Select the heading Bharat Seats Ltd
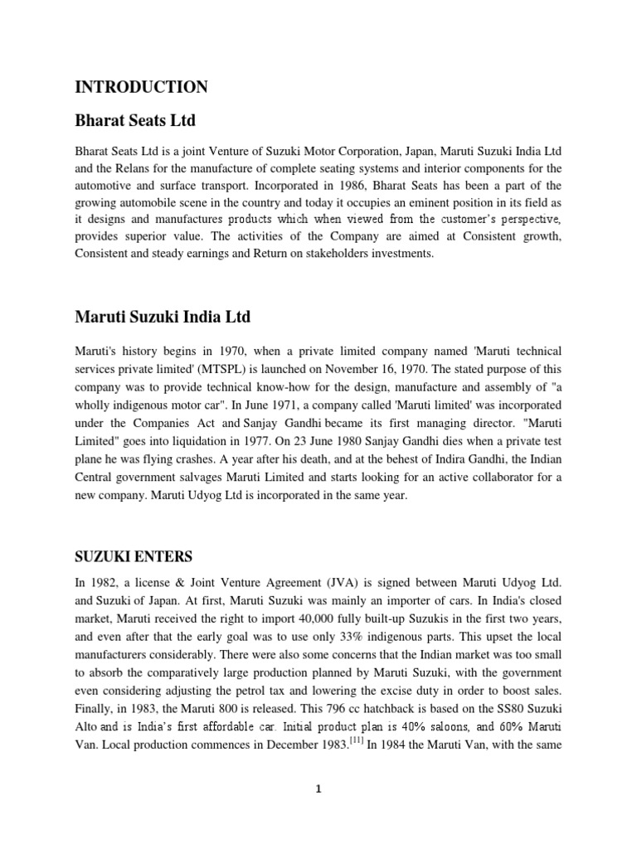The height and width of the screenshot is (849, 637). tap(135, 121)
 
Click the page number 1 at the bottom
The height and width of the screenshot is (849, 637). tap(318, 788)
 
